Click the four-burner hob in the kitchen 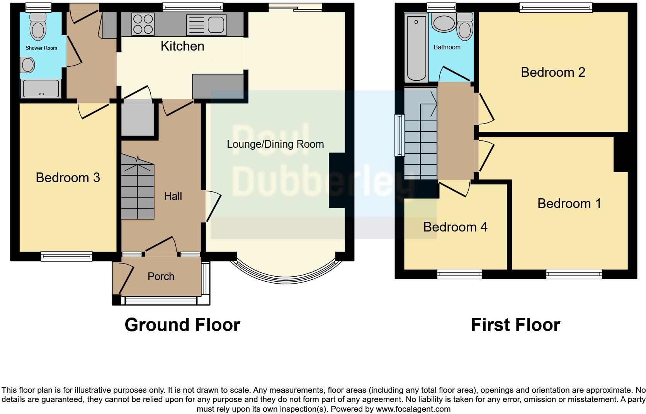tap(143, 24)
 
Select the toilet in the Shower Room tap(38, 27)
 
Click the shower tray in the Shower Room tap(41, 88)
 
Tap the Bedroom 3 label tap(68, 177)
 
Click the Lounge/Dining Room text tap(275, 144)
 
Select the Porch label tap(161, 276)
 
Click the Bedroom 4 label tap(455, 227)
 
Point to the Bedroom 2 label tap(553, 72)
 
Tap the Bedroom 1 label tap(569, 203)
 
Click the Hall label tap(173, 196)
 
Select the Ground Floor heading tap(182, 325)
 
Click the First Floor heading tap(515, 325)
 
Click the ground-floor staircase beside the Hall tap(138, 187)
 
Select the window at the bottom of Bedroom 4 tap(459, 274)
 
